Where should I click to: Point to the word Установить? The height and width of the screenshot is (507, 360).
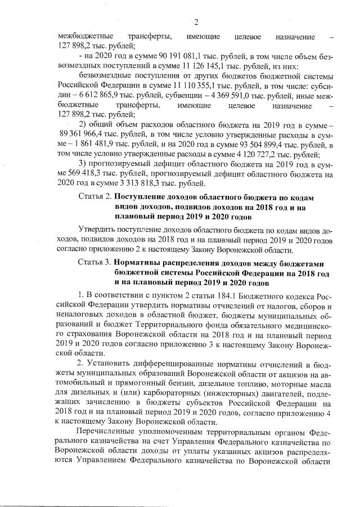[110, 363]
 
